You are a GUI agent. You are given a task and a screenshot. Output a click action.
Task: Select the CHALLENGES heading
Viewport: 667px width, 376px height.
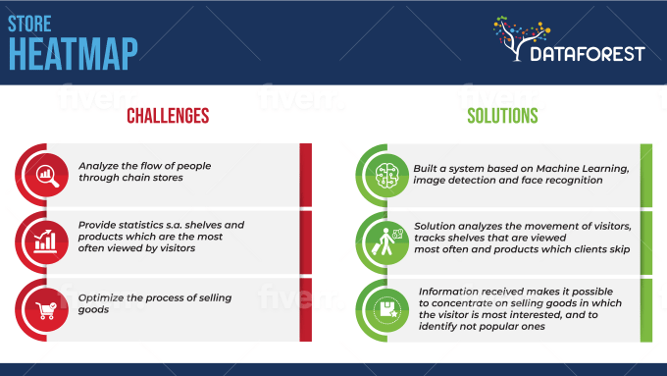click(168, 116)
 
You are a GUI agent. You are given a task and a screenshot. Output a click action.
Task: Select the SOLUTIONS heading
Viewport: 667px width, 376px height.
click(501, 116)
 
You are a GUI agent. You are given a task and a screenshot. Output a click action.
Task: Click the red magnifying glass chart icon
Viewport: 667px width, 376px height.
click(45, 176)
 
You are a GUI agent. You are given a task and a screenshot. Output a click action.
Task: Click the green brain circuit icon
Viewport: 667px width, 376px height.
click(383, 176)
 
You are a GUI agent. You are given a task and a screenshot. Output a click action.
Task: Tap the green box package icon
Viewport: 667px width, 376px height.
click(383, 307)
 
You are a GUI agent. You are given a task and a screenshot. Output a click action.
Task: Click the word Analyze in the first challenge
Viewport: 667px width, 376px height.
click(99, 167)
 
